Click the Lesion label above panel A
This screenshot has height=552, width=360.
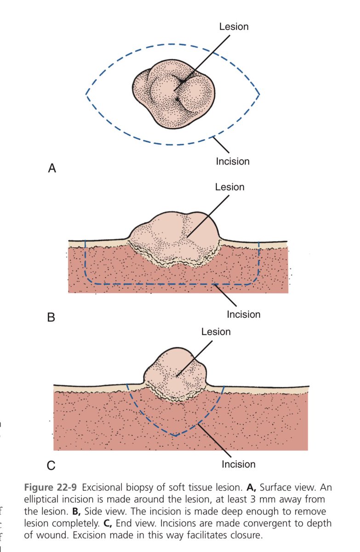(x=234, y=27)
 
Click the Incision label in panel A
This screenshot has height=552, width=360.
(x=233, y=161)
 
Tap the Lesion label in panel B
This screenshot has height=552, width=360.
(x=229, y=187)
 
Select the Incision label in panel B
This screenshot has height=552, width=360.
(x=243, y=315)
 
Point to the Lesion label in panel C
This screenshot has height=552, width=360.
(x=216, y=332)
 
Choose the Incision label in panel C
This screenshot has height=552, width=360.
(x=238, y=464)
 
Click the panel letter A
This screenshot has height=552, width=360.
(x=52, y=169)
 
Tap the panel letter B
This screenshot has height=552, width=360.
(x=51, y=317)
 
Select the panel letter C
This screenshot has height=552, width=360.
(x=51, y=466)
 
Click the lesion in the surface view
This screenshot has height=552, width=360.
(x=172, y=94)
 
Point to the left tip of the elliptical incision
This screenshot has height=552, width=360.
(x=86, y=94)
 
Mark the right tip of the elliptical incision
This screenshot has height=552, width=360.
(x=259, y=94)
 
